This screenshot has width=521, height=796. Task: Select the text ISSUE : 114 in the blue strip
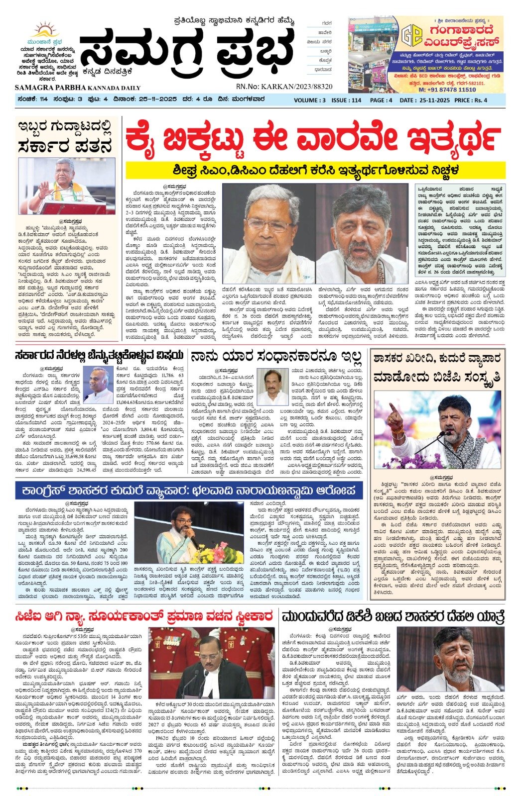[346, 100]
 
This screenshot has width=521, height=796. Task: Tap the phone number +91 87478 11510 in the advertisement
[447, 90]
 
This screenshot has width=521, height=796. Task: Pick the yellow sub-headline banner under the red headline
[315, 170]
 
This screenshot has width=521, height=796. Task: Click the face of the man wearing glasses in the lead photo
[269, 225]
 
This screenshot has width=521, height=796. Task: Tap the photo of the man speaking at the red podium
[67, 186]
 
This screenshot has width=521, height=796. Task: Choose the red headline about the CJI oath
[143, 617]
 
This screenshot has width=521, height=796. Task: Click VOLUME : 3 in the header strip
[310, 100]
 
